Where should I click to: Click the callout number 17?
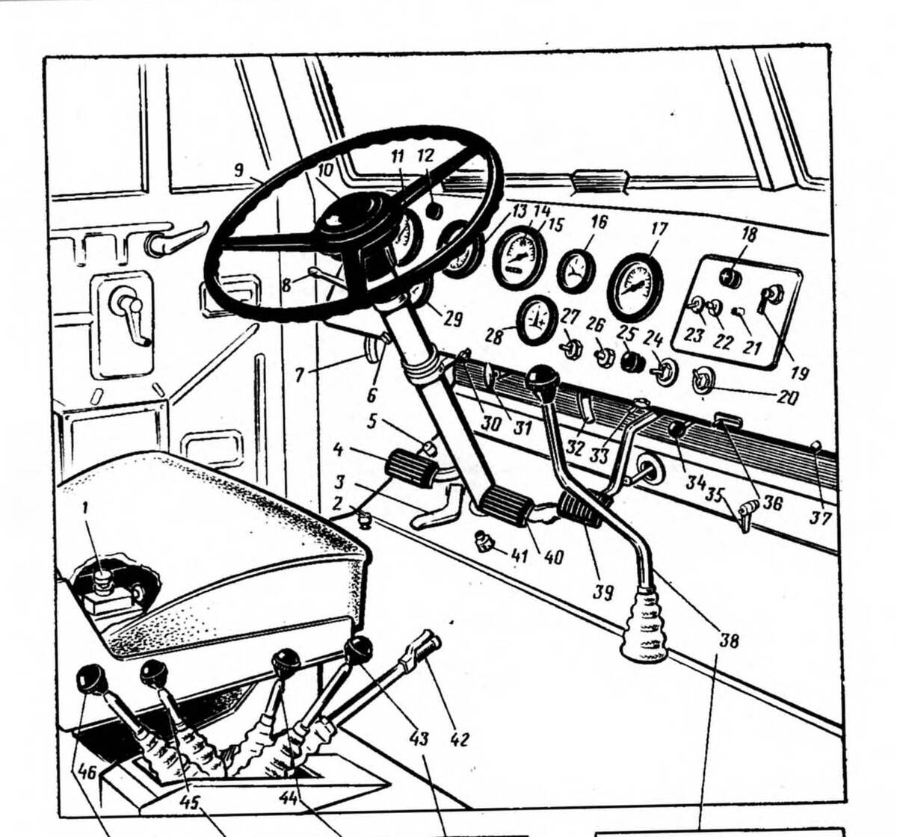(658, 229)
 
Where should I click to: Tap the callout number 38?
(728, 640)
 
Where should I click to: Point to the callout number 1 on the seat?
(87, 508)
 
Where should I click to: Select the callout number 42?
(459, 739)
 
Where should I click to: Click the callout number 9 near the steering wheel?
(238, 170)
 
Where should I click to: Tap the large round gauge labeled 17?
(635, 287)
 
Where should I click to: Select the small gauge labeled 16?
(576, 271)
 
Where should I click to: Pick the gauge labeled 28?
(537, 320)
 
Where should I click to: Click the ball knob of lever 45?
(155, 673)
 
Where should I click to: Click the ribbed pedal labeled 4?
(410, 472)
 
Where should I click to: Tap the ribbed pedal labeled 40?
(508, 510)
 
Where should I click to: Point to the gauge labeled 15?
(520, 259)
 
